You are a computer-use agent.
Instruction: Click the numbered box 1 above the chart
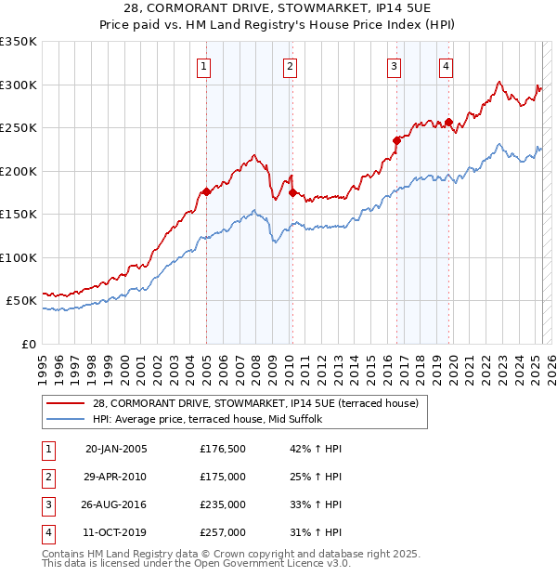coord(202,66)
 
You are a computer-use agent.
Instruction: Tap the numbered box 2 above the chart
coord(291,66)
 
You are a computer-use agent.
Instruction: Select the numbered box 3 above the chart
coord(395,66)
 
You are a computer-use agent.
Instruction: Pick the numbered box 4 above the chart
coord(447,66)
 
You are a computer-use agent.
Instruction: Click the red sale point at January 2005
coord(206,191)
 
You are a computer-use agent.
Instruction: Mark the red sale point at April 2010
coord(292,192)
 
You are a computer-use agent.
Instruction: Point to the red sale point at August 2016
coord(396,140)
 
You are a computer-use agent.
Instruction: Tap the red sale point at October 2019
coord(448,122)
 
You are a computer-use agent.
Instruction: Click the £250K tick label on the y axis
coord(19,128)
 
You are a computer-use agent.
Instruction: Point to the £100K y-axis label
coord(19,257)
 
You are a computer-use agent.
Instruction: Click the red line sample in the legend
coord(65,403)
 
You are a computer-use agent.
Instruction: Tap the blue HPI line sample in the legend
coord(65,419)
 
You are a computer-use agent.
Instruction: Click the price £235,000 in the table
coord(223,504)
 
